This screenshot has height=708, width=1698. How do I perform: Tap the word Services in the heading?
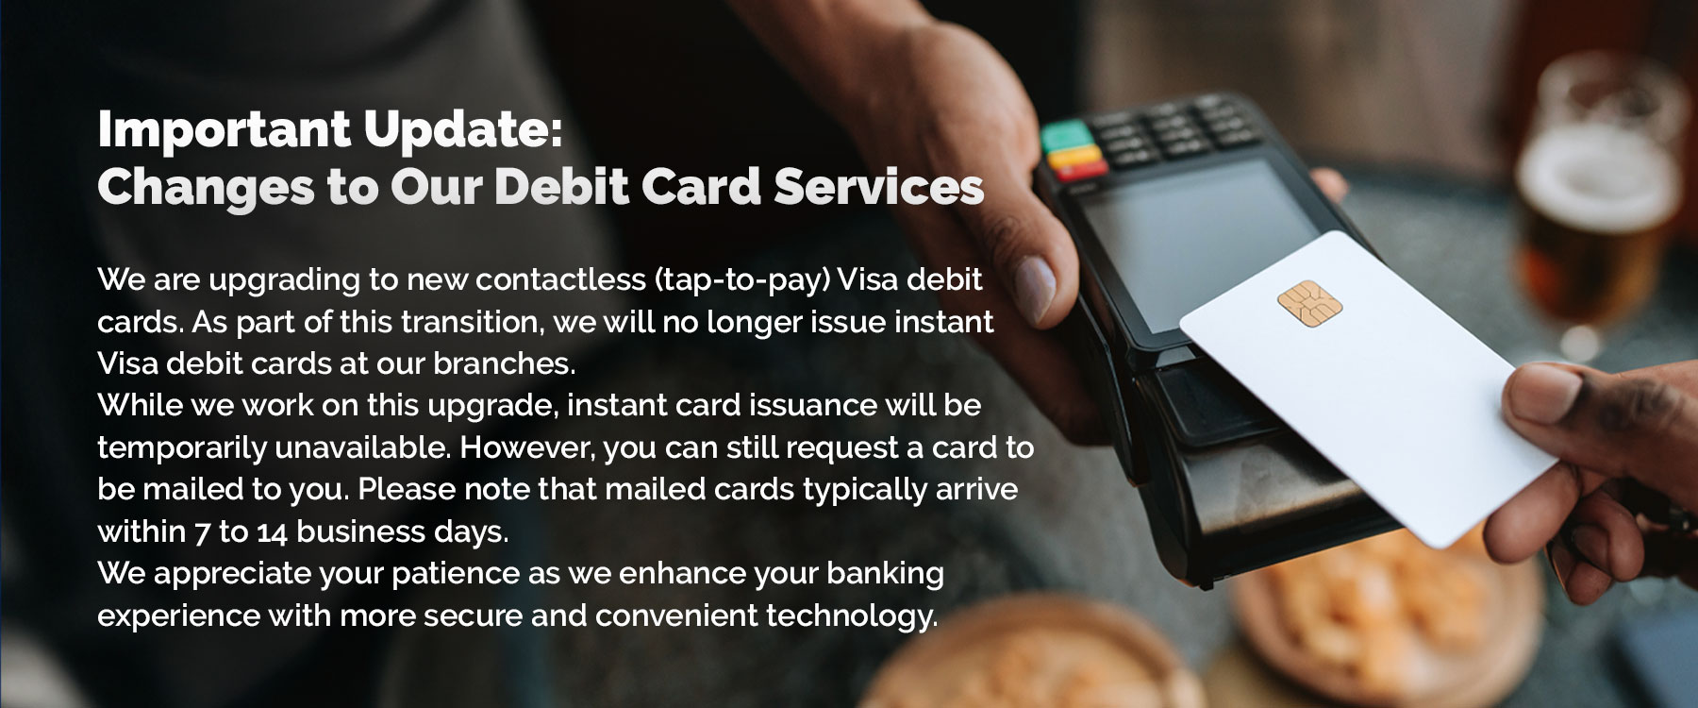pos(879,186)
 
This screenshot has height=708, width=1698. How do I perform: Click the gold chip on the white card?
pos(1309,299)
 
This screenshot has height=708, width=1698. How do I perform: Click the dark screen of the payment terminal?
pos(1167,243)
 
